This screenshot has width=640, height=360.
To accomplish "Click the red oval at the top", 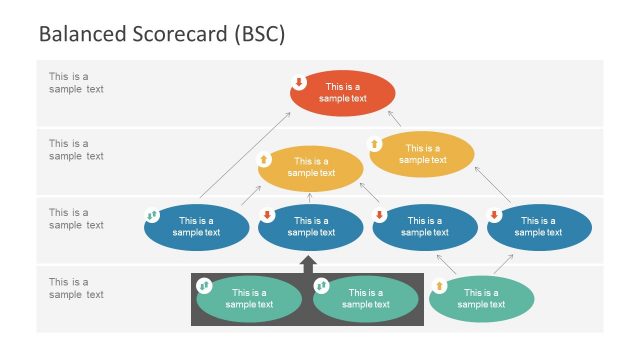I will (343, 93).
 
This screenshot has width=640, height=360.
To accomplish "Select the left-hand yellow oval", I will (310, 168).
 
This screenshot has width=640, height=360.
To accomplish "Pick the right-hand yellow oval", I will (421, 153).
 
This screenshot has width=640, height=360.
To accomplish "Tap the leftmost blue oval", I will (197, 227).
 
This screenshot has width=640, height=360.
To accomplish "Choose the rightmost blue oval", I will (539, 227).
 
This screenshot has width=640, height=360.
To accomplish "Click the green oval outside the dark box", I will (482, 298).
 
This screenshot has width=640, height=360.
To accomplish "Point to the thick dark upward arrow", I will (308, 264).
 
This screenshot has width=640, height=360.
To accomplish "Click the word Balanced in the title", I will (80, 34).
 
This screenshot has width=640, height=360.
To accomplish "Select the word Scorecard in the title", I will (177, 34).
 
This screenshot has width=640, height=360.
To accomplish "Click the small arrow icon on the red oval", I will (298, 82).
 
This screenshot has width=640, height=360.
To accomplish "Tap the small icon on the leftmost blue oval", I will (152, 215).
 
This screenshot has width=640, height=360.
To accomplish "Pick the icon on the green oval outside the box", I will (438, 286).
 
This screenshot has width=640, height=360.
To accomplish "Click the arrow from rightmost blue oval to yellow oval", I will (493, 186).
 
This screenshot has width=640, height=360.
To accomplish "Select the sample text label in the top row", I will (76, 82).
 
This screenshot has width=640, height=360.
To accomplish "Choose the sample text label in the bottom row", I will (76, 288).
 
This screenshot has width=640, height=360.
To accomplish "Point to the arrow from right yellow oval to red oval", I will (394, 119).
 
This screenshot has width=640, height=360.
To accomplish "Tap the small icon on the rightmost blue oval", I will (494, 215).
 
